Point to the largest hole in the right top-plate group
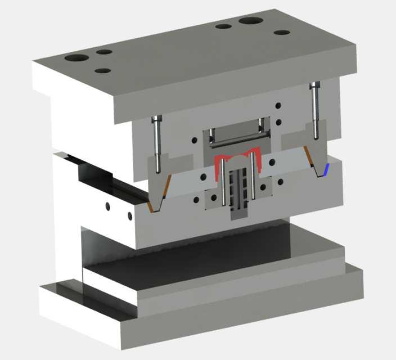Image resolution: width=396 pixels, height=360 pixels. coord(251,21)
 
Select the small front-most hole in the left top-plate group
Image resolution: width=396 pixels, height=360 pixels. coord(102,71)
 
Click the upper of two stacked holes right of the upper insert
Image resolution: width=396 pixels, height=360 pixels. coord(278,105)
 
